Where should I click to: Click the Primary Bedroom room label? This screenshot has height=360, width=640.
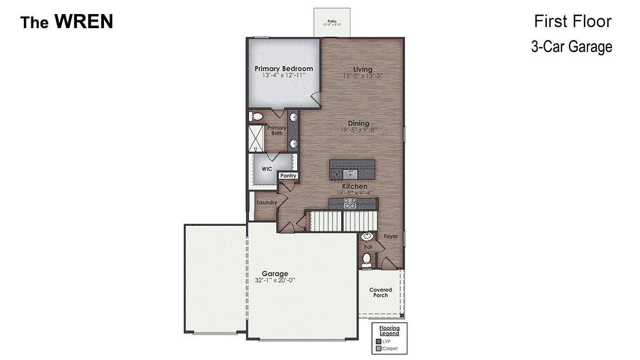[x=284, y=69]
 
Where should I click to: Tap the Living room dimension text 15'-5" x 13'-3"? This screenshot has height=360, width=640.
[x=363, y=76]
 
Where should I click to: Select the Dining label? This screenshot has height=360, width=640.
[x=358, y=123]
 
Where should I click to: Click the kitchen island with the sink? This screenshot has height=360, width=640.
[x=352, y=170]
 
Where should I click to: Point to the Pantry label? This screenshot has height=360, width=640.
[x=288, y=176]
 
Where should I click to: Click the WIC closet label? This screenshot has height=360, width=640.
[x=266, y=169]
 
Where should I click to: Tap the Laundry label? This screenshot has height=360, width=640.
[x=267, y=202]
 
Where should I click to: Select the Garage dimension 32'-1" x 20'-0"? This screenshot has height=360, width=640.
[x=275, y=280]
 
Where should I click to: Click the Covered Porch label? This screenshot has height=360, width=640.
[x=381, y=292]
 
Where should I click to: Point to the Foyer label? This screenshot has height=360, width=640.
[x=391, y=237]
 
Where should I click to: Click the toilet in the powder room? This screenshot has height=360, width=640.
[x=367, y=259]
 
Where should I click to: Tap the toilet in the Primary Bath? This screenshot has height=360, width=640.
[x=257, y=116]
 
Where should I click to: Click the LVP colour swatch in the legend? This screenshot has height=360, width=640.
[x=378, y=342]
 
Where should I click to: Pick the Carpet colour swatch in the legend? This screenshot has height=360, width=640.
[x=378, y=349]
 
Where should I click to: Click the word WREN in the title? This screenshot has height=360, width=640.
[x=84, y=22]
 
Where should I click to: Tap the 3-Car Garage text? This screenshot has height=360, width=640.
[x=571, y=47]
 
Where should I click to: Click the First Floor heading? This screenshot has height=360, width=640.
[x=572, y=21]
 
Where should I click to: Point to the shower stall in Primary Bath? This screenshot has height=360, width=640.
[x=256, y=138]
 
